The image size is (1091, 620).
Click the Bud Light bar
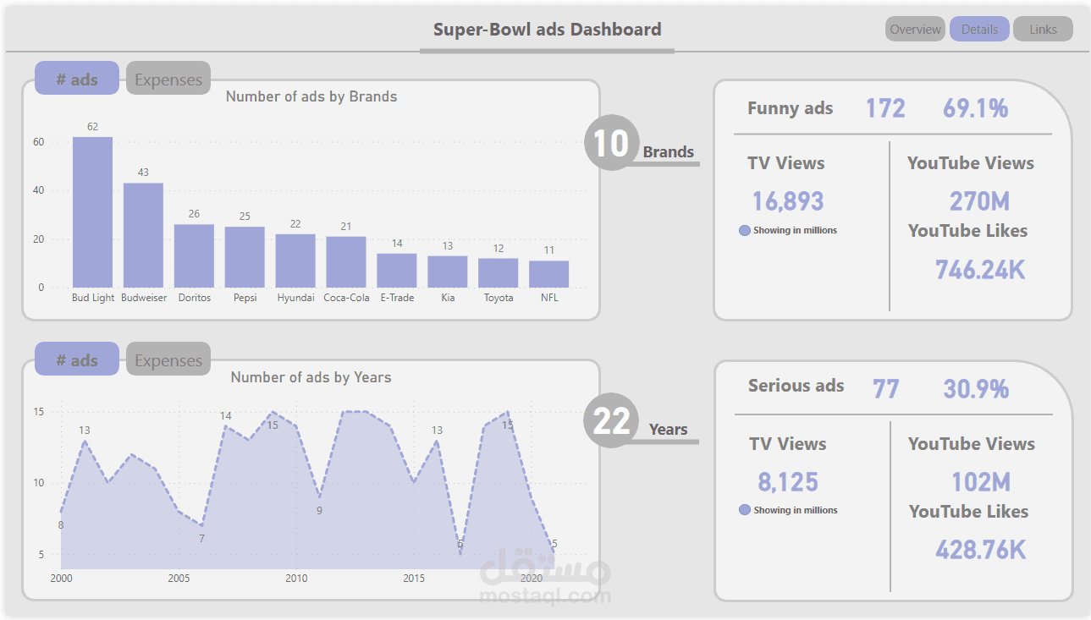pyautogui.click(x=92, y=212)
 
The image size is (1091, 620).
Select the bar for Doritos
pyautogui.click(x=194, y=255)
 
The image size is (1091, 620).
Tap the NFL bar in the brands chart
pyautogui.click(x=549, y=274)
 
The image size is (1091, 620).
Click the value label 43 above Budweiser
pyautogui.click(x=143, y=173)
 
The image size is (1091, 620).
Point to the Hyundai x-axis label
pyautogui.click(x=295, y=298)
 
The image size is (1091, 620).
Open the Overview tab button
pyautogui.click(x=915, y=30)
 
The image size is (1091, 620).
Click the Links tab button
pyautogui.click(x=1043, y=30)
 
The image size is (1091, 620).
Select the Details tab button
pyautogui.click(x=979, y=30)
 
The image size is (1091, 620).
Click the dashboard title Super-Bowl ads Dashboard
pyautogui.click(x=547, y=30)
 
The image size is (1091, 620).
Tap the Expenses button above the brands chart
pyautogui.click(x=168, y=80)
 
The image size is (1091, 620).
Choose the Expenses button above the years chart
pyautogui.click(x=168, y=360)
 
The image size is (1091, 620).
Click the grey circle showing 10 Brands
pyautogui.click(x=611, y=143)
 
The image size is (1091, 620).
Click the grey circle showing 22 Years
pyautogui.click(x=611, y=420)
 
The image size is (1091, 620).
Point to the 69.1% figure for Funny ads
pyautogui.click(x=975, y=108)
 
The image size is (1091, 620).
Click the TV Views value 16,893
pyautogui.click(x=788, y=201)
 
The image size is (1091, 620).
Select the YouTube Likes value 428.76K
pyautogui.click(x=980, y=550)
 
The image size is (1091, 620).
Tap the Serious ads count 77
pyautogui.click(x=885, y=389)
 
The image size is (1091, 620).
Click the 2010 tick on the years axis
pyautogui.click(x=296, y=579)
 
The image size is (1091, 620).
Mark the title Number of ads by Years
pyautogui.click(x=311, y=377)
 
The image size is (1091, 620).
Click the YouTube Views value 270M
pyautogui.click(x=980, y=201)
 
